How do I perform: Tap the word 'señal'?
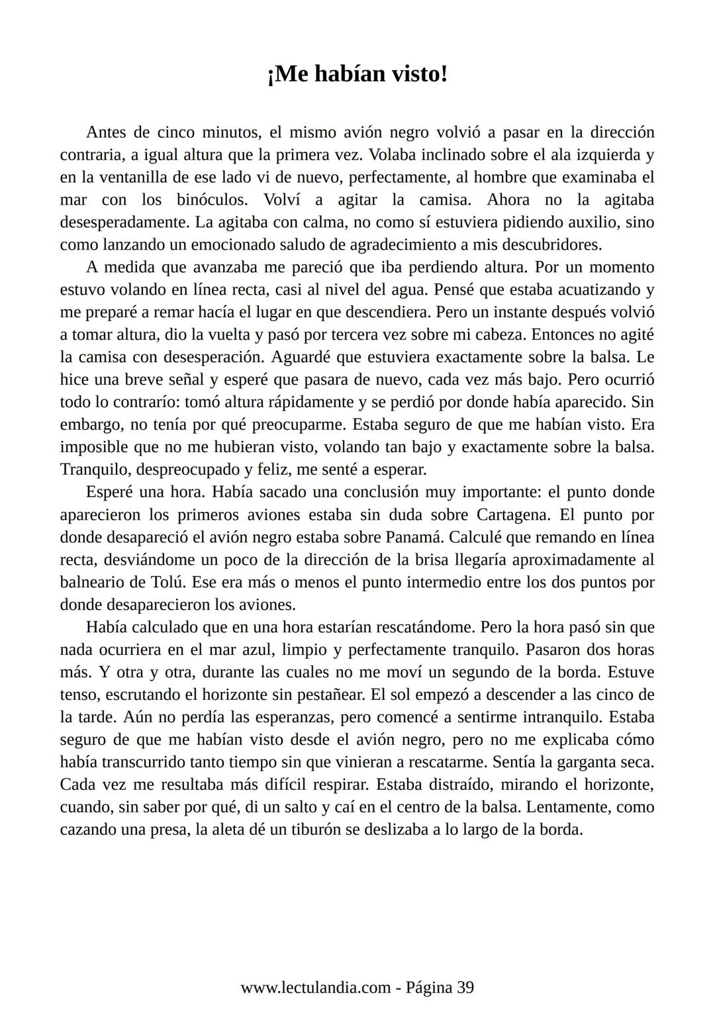click(x=191, y=380)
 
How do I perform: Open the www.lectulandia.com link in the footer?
click(x=315, y=988)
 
